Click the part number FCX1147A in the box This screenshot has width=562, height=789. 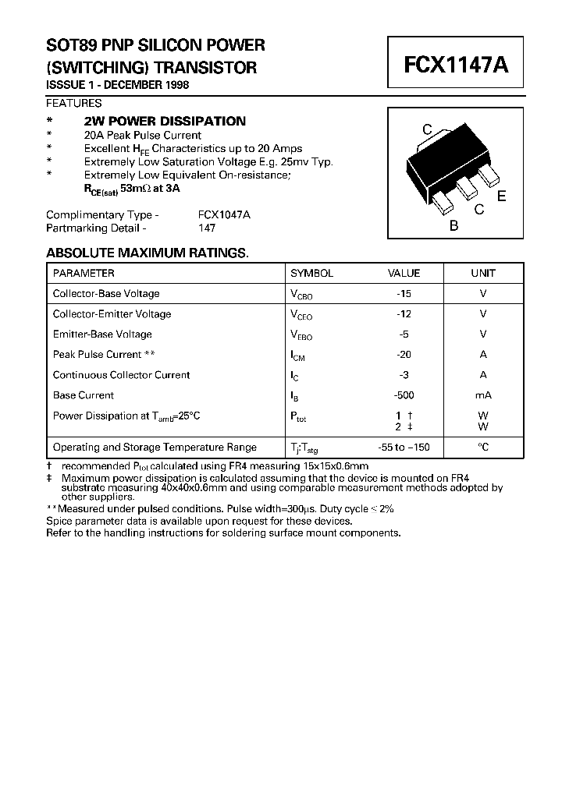coord(456,65)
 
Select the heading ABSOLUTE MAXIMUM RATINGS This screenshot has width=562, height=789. coord(147,253)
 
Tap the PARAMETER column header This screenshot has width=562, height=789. coord(84,274)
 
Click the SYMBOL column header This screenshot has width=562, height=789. coord(311,274)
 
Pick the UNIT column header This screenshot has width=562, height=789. coord(482,274)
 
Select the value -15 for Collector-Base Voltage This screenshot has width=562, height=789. coord(403,294)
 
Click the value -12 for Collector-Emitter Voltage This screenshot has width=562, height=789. coord(403,314)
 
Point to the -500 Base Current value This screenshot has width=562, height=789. coord(403,395)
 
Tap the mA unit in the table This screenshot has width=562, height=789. coord(482,395)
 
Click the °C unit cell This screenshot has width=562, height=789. coord(482,448)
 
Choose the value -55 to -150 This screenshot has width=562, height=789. coord(403,448)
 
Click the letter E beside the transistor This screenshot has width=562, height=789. coord(501,196)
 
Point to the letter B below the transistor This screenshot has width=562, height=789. coord(454,226)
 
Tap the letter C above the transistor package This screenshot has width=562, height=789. coord(427,129)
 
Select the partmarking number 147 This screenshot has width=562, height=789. coord(207,228)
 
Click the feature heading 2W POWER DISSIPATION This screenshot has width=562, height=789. coord(165,121)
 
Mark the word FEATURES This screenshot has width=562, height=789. coord(73,103)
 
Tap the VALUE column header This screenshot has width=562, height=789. coord(404,274)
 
